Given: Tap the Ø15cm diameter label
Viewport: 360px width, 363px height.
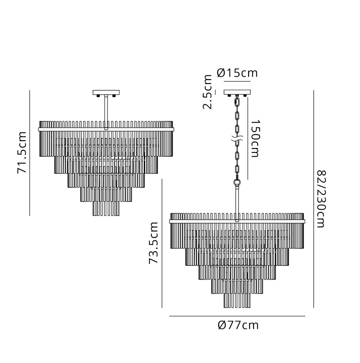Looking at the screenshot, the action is tap(237, 73).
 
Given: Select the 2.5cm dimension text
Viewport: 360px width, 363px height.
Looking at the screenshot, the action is tap(207, 92).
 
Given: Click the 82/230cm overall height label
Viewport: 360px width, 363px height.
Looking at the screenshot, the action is tap(321, 199).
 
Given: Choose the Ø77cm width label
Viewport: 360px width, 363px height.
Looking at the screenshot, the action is tap(238, 325).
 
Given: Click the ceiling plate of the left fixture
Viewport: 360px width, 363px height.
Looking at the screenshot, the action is tap(106, 92).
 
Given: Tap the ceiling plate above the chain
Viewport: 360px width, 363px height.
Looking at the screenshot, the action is tap(237, 92).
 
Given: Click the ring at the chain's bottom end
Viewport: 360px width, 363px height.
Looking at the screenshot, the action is tap(237, 182).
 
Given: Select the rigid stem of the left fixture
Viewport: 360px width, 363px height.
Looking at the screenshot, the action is tap(106, 112).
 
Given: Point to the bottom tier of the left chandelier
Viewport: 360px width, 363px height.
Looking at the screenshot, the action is tap(106, 208).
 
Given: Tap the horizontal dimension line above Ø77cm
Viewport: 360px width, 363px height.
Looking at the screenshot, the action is tap(237, 316).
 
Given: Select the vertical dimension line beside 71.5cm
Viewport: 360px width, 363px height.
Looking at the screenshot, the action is tap(30, 153).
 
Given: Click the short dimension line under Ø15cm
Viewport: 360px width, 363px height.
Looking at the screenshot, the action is tap(237, 82).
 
